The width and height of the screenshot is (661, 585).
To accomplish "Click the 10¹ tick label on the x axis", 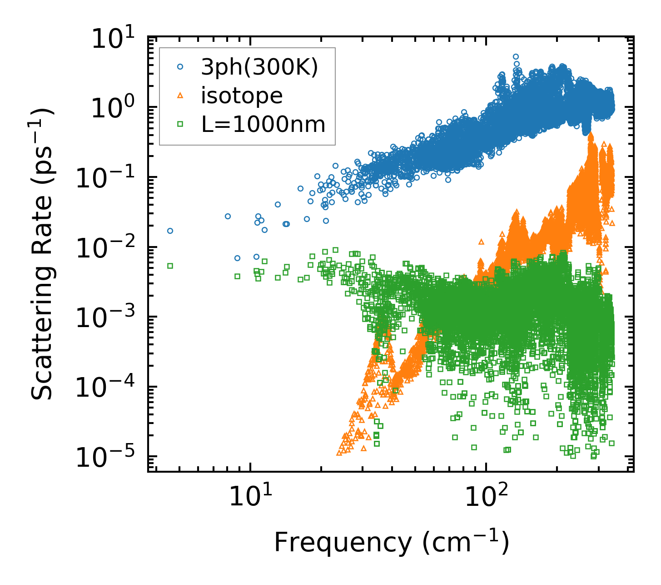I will click(x=249, y=497).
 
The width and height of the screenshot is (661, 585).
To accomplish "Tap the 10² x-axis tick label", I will click(x=486, y=497).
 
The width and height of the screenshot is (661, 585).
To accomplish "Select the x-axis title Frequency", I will click(x=391, y=542).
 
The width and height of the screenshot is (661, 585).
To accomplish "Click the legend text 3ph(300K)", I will click(x=259, y=68).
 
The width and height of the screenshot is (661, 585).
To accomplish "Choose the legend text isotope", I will click(x=242, y=96).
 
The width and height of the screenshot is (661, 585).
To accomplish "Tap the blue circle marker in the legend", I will click(x=180, y=67).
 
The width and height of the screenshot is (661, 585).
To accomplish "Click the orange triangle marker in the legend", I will click(x=180, y=95).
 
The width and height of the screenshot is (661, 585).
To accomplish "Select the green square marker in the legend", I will click(x=180, y=123).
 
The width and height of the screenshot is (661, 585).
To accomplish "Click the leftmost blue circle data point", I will click(x=170, y=231).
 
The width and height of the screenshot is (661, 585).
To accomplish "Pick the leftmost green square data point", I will click(x=170, y=266).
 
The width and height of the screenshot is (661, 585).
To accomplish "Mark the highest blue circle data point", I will click(x=516, y=57).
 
